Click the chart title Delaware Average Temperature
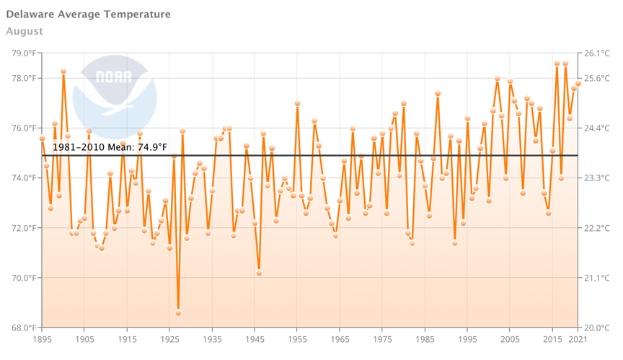(88, 14)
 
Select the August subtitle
(25, 31)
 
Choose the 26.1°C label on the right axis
(597, 53)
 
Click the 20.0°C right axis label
(597, 328)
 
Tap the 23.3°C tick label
(597, 178)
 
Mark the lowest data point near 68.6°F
(178, 313)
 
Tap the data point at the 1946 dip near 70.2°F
(259, 273)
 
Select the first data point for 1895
(42, 139)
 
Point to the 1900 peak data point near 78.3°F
(63, 71)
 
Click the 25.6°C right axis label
(597, 79)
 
